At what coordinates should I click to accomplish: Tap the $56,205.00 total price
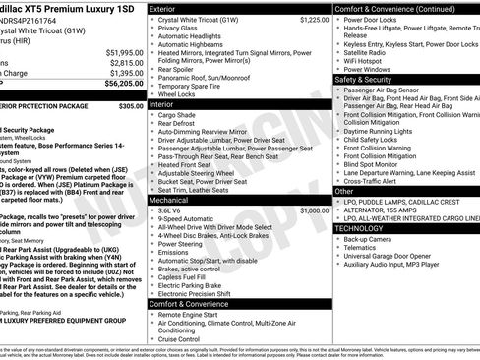[x=123, y=85]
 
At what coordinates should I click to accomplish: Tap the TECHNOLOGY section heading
[x=359, y=228]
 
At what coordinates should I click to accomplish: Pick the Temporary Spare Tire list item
[x=196, y=86]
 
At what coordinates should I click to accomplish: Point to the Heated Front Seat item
[x=192, y=164]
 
